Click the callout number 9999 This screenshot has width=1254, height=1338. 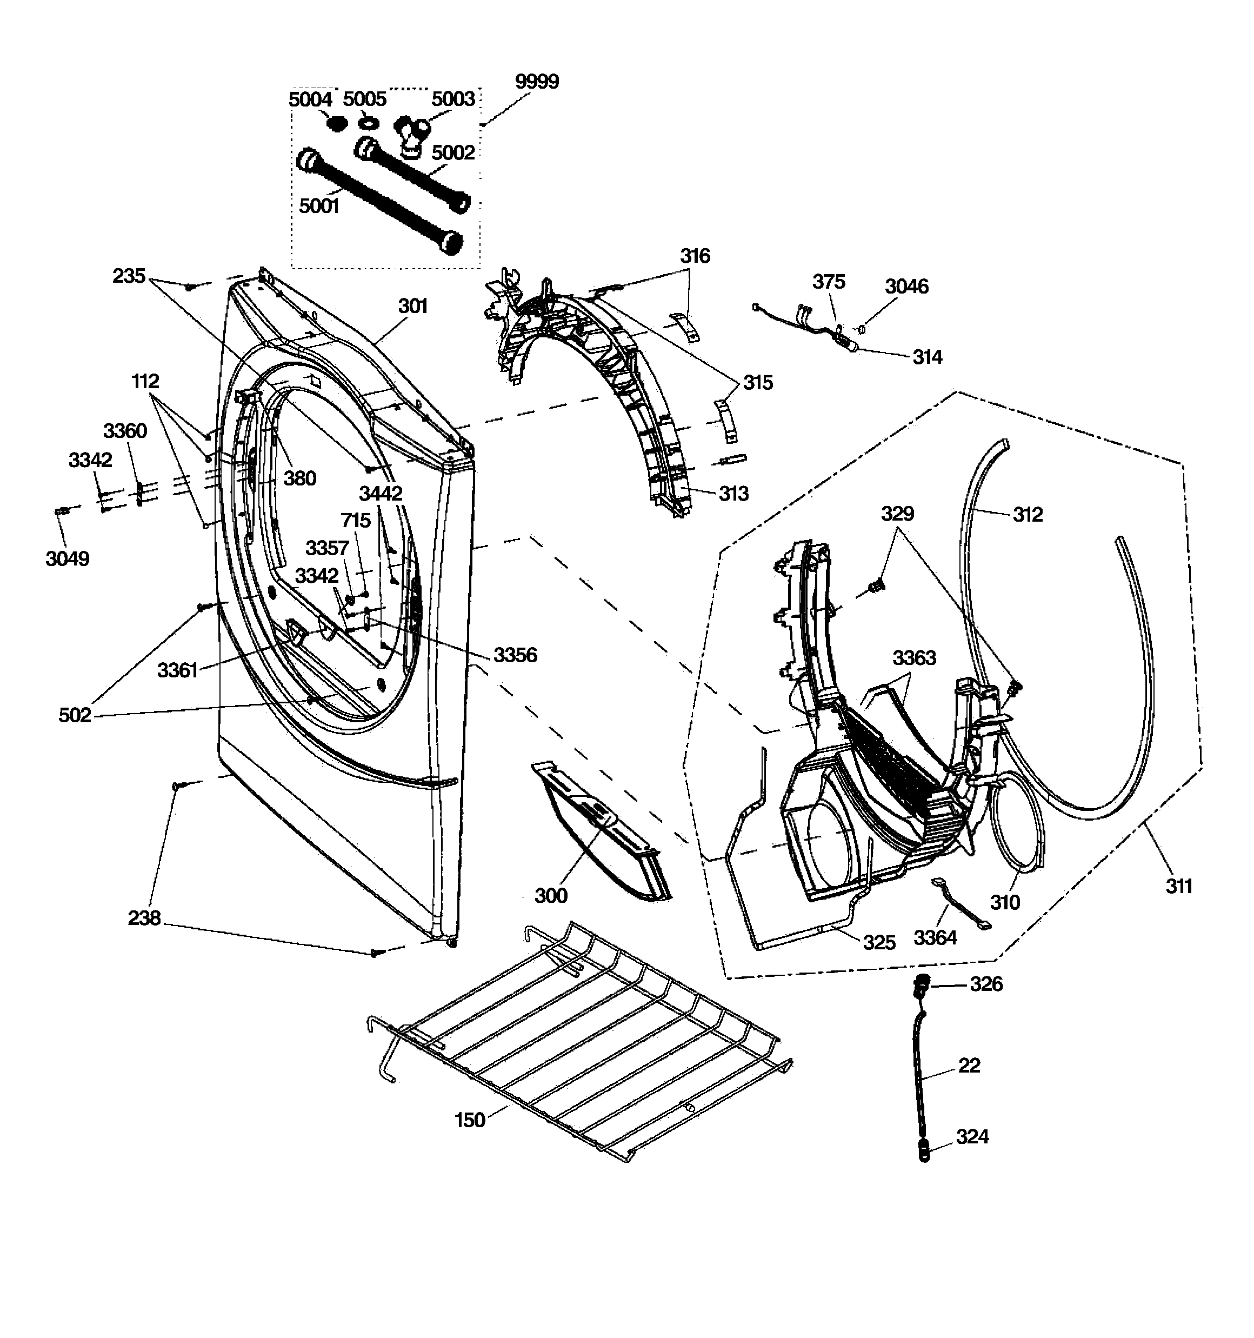(537, 82)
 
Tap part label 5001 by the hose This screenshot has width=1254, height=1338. (318, 206)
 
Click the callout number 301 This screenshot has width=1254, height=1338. (412, 306)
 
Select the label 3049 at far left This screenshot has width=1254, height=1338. (68, 558)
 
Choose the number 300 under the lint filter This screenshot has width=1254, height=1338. (551, 896)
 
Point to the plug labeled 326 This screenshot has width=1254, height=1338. (919, 986)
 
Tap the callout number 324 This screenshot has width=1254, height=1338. (972, 1137)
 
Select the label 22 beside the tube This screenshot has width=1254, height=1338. (969, 1066)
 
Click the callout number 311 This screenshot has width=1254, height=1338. (1179, 887)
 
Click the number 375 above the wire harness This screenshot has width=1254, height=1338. (828, 282)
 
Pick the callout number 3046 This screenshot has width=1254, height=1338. (906, 287)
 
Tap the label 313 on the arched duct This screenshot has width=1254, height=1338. (733, 494)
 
